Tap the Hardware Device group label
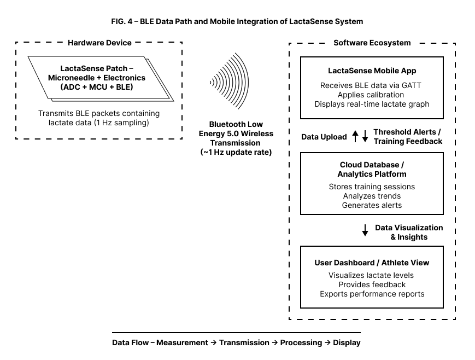point(99,43)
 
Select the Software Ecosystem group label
point(372,43)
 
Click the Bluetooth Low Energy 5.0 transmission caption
point(237,138)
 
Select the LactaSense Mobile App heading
point(372,71)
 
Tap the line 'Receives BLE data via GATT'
point(372,85)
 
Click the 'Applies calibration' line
point(372,95)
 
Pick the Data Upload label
point(324,137)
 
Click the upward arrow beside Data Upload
point(355,137)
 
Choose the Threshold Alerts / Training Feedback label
point(408,137)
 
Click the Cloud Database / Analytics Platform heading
point(372,170)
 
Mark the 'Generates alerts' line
point(372,205)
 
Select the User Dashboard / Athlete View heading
point(372,263)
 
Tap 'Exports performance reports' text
point(372,294)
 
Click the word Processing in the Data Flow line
point(301,342)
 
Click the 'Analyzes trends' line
point(372,196)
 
